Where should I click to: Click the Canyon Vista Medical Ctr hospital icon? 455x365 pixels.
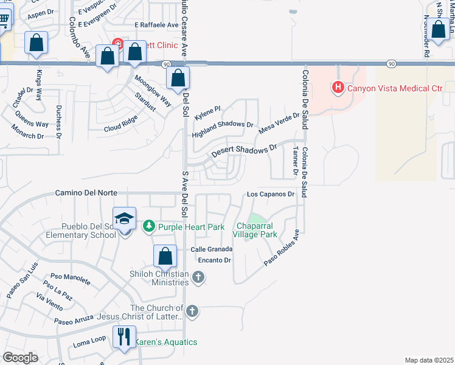pos(338,88)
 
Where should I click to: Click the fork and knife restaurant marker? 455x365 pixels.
pos(125,336)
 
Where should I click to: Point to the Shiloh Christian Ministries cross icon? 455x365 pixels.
pos(198,278)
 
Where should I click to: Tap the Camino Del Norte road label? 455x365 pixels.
pos(86,193)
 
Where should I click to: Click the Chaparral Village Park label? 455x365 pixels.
pos(256,230)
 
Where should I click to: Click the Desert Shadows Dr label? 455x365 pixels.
pos(244,151)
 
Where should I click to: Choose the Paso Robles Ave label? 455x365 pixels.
pos(282,248)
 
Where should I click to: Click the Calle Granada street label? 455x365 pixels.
pos(211,249)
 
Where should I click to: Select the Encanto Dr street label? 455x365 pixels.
pos(211,260)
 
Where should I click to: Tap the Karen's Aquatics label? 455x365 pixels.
pos(166,342)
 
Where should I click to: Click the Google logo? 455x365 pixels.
pos(20,358)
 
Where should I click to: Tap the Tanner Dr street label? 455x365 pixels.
pos(295,161)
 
